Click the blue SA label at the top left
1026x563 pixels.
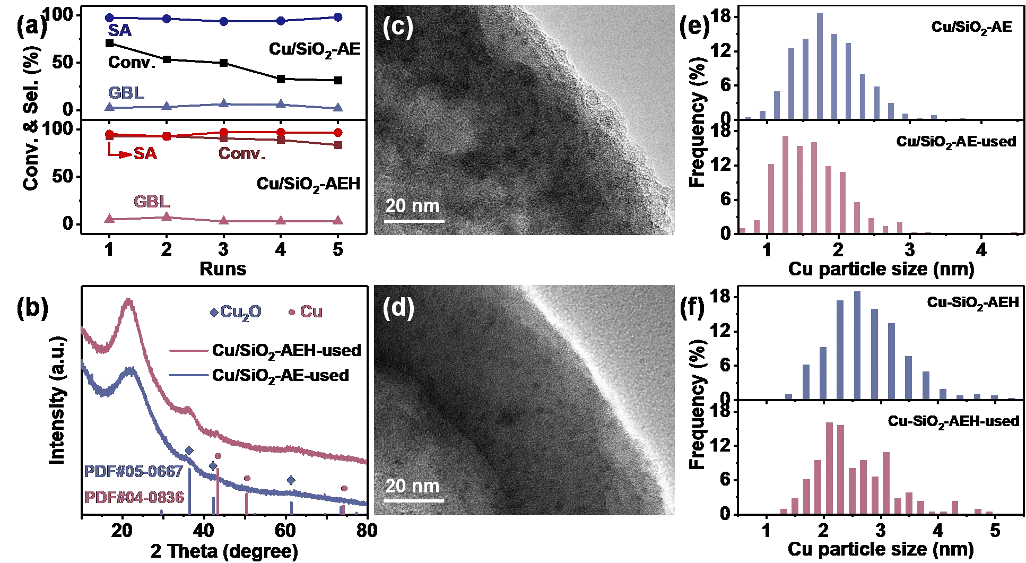119,31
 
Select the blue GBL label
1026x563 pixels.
126,93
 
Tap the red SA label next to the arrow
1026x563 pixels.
145,153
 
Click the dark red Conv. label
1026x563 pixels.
242,154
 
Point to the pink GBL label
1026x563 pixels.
152,202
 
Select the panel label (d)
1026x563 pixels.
398,308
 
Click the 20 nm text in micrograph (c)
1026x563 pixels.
412,206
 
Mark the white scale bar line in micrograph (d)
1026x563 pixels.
414,500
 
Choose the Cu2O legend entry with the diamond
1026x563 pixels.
236,312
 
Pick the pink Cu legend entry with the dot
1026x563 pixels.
306,312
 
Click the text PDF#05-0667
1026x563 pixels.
134,471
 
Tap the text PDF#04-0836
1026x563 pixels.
134,497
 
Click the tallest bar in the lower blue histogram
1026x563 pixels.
857,345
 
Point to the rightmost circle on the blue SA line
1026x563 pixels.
338,17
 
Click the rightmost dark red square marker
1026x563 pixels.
338,145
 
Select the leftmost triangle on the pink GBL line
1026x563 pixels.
109,219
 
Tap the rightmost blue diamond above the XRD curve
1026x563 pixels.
291,480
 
